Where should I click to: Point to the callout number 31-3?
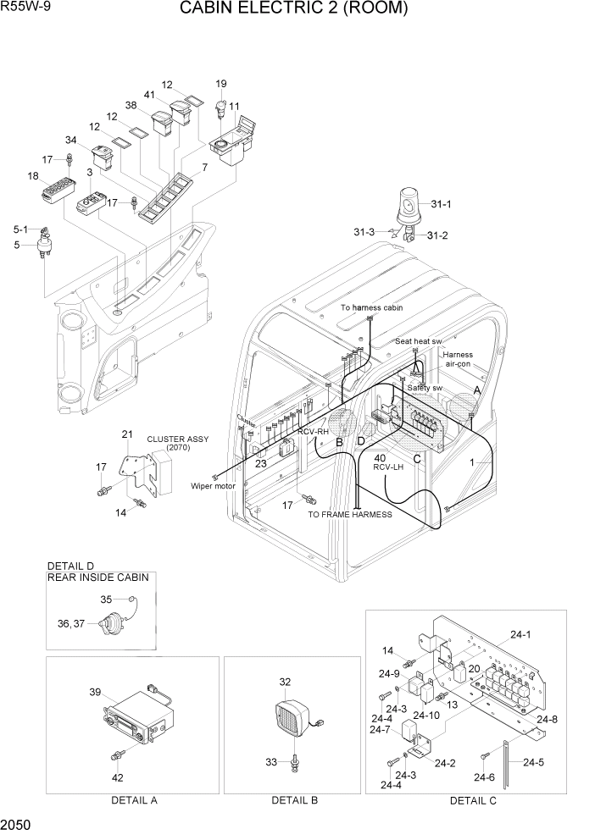[365, 231]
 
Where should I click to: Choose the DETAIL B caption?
[294, 800]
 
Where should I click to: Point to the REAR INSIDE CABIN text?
[98, 577]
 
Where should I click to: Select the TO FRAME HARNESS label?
[350, 514]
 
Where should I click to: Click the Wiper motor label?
[213, 486]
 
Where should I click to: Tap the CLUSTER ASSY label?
[177, 439]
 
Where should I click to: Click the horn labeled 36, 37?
[108, 629]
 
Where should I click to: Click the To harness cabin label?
[371, 308]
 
